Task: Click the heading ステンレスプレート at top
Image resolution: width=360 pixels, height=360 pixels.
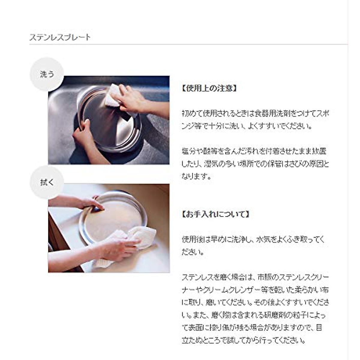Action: pyautogui.click(x=60, y=37)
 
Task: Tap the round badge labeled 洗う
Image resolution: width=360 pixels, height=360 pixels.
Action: pyautogui.click(x=47, y=74)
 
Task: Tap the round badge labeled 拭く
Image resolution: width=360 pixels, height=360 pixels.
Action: pyautogui.click(x=47, y=182)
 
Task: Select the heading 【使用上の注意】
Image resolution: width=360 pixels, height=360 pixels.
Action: pyautogui.click(x=209, y=88)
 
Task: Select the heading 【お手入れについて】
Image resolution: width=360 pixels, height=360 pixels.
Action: pyautogui.click(x=215, y=214)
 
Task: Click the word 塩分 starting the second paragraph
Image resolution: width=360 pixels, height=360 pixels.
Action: pyautogui.click(x=188, y=151)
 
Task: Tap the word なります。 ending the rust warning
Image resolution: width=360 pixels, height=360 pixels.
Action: pyautogui.click(x=196, y=176)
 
